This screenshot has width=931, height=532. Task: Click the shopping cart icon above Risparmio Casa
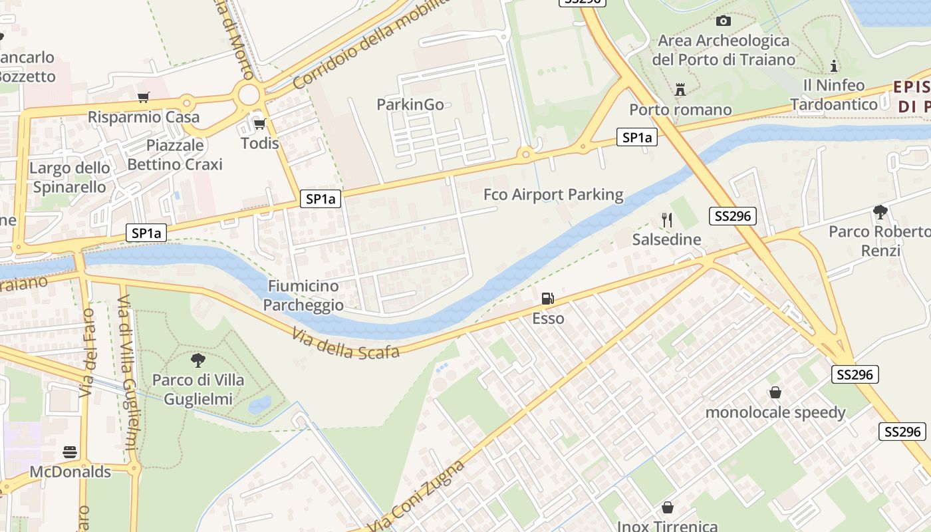pos(143,98)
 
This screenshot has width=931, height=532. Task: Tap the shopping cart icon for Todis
pos(259,124)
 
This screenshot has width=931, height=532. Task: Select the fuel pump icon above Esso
pos(548,299)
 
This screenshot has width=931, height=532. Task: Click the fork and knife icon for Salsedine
pos(667,219)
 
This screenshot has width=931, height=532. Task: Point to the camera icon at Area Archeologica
pos(724,21)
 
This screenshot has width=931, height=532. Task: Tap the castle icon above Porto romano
pos(680,89)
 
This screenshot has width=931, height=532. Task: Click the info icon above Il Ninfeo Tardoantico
pos(834,66)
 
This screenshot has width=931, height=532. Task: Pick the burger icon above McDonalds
pos(70,452)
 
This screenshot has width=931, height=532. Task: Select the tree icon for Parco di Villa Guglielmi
pos(198,360)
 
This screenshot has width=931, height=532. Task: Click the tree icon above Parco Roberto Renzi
pos(880,212)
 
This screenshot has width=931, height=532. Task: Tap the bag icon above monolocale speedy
pos(775,392)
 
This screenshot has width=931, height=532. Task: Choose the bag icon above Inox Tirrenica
pos(668,507)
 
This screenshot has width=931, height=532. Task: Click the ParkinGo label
pos(410,104)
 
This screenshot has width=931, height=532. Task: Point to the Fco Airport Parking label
pos(553,195)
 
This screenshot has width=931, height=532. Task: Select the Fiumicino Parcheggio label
pos(303,295)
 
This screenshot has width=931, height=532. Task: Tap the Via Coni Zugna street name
pos(426,495)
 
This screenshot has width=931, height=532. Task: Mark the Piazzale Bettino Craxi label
pos(175,154)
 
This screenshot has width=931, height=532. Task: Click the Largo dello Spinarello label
pos(70,178)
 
